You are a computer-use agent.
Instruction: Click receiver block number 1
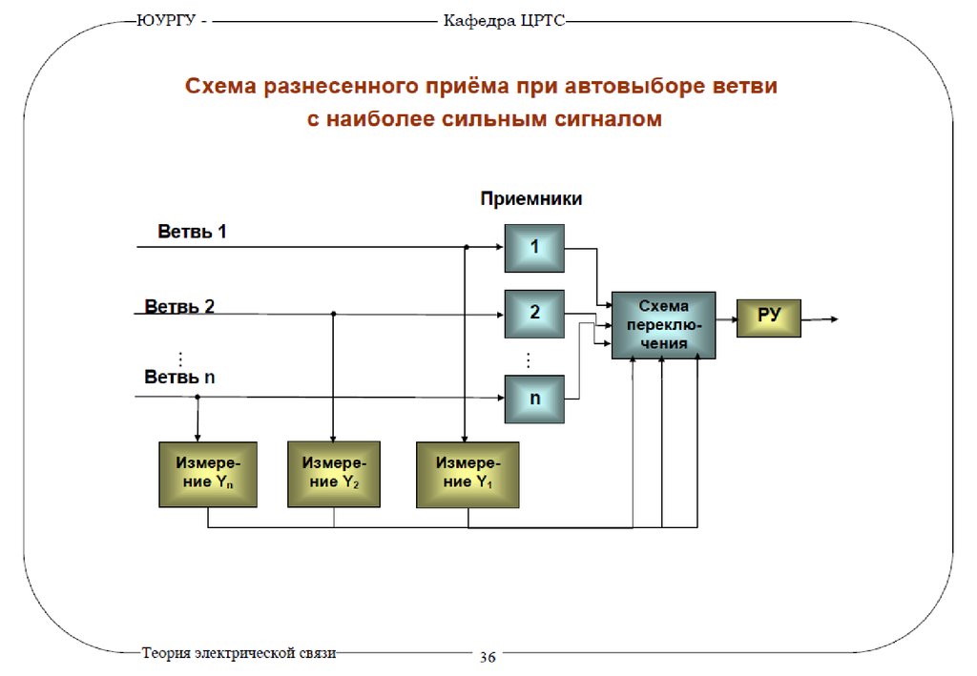534,248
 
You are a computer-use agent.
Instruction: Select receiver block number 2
534,314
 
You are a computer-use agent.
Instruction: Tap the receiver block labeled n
534,399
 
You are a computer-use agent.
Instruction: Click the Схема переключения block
664,325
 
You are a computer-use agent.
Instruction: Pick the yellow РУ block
768,318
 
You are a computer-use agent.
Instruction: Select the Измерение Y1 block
468,474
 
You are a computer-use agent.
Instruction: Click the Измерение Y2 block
334,474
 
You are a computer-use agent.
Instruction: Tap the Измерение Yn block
208,474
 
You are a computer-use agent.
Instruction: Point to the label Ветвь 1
192,232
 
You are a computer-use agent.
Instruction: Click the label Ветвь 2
179,306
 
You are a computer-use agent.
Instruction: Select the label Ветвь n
179,377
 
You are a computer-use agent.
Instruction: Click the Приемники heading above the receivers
530,198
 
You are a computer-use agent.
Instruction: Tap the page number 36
488,657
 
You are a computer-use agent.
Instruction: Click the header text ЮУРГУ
166,20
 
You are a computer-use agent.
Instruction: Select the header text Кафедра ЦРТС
504,21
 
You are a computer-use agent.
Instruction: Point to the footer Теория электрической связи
239,653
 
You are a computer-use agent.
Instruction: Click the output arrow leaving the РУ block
820,319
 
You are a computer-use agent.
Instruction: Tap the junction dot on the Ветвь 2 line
333,314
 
